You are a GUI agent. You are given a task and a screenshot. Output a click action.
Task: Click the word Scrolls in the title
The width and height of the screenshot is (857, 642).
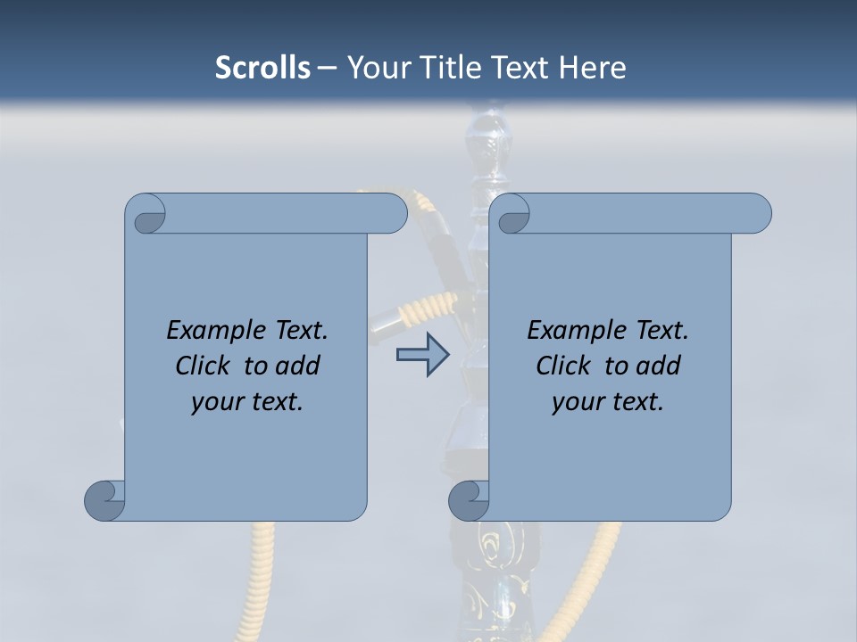(x=262, y=68)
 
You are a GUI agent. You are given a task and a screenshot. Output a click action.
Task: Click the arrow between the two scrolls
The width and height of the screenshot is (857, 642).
(x=422, y=355)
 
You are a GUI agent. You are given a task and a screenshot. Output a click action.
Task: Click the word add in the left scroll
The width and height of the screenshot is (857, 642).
(x=297, y=366)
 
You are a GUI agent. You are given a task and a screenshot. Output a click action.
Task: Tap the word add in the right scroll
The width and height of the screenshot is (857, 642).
(x=658, y=366)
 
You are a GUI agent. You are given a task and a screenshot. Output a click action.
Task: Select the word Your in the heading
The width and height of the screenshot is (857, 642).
(x=375, y=68)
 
